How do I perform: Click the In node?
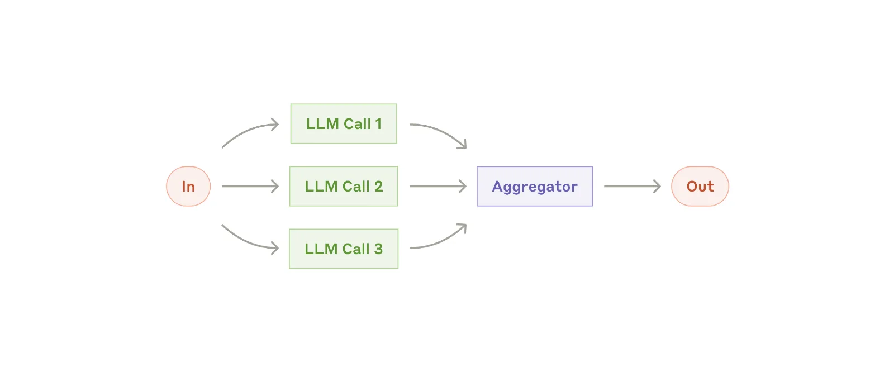tap(188, 187)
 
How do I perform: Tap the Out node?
tap(700, 187)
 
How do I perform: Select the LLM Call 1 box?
tap(344, 124)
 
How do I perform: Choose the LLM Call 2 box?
tap(344, 187)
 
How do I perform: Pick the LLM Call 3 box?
tap(344, 249)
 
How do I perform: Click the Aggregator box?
tap(535, 187)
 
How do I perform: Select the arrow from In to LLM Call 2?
tap(250, 187)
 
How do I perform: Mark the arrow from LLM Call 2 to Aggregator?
tap(438, 187)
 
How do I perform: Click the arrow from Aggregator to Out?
tap(633, 187)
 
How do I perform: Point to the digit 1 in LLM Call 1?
tap(378, 124)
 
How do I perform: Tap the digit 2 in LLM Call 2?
tap(378, 187)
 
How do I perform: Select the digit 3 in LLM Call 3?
tap(378, 249)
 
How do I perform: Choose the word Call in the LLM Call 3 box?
tap(356, 249)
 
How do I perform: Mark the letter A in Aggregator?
tap(497, 187)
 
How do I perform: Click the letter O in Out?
tap(692, 187)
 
